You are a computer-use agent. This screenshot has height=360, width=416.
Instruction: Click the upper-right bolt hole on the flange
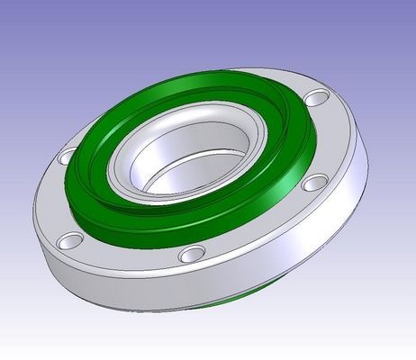(x=314, y=98)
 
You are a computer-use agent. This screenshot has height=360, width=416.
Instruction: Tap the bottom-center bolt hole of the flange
(x=191, y=255)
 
